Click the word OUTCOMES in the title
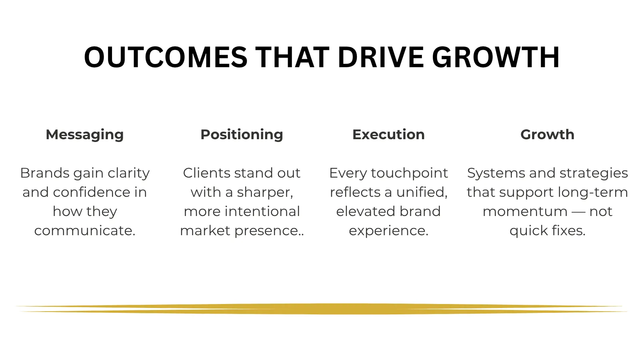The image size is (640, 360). pyautogui.click(x=166, y=57)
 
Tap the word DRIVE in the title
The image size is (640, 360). pyautogui.click(x=380, y=57)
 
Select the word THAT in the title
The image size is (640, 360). pyautogui.click(x=292, y=57)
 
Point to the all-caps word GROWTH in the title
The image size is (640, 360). pyautogui.click(x=496, y=57)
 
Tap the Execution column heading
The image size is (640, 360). pyautogui.click(x=388, y=134)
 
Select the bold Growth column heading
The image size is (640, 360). pyautogui.click(x=548, y=134)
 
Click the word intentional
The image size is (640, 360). pyautogui.click(x=262, y=212)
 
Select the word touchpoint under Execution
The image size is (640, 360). pyautogui.click(x=410, y=174)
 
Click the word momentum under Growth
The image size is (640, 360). pyautogui.click(x=525, y=212)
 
